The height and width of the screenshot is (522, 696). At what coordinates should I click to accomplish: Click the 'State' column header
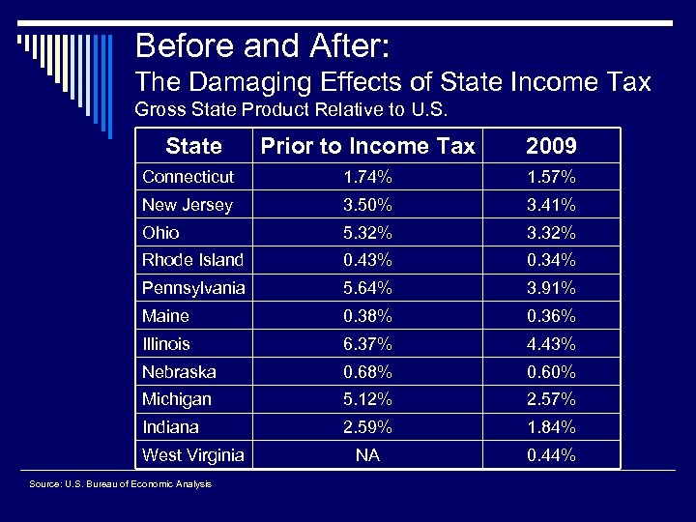[x=193, y=146]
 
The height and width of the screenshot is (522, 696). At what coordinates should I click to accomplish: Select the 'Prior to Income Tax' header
[x=367, y=146]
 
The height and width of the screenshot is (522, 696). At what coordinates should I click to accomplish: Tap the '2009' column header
[x=551, y=146]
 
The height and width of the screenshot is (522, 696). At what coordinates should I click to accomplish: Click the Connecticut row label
[x=188, y=177]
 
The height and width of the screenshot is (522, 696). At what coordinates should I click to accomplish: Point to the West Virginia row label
[x=192, y=455]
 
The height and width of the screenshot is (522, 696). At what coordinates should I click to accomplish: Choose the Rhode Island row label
[x=192, y=260]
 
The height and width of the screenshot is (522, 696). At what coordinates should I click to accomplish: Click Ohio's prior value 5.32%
[x=367, y=233]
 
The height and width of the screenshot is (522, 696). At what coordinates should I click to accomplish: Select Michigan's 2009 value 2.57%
[x=551, y=399]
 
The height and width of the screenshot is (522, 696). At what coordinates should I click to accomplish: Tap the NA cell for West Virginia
[x=367, y=455]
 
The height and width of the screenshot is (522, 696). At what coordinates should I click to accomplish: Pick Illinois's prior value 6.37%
[x=367, y=344]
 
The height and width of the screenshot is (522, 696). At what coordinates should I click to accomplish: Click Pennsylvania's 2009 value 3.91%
[x=551, y=288]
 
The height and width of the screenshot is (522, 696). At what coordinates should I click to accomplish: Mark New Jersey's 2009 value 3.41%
[x=551, y=205]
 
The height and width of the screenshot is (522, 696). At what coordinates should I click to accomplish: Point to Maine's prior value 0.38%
[x=367, y=316]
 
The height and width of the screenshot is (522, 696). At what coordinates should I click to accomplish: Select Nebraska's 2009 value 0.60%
[x=551, y=372]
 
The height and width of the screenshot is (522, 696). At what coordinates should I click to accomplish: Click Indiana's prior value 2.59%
[x=367, y=427]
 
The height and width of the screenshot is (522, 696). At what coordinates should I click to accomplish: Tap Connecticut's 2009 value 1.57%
[x=551, y=177]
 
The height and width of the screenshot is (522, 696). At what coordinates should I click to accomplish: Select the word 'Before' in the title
[x=182, y=45]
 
